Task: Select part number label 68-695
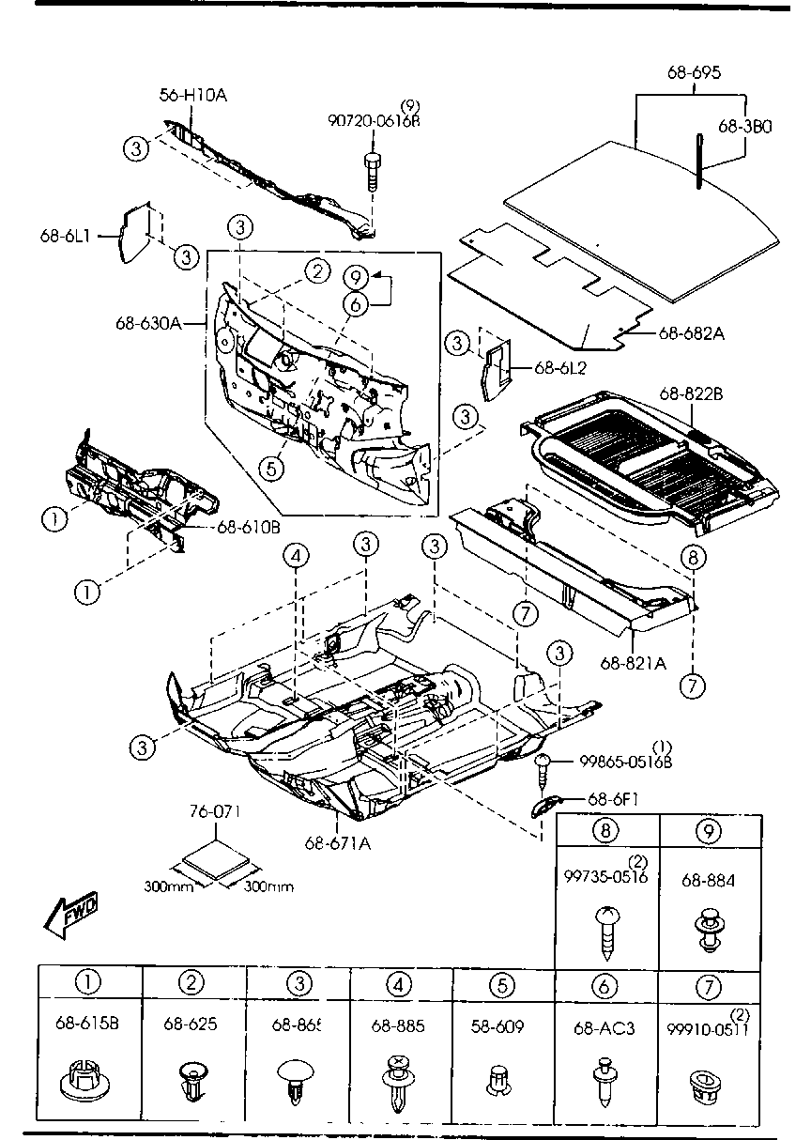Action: click(694, 72)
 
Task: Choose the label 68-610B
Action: click(248, 527)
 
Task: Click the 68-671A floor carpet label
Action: click(337, 842)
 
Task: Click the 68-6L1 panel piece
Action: click(135, 233)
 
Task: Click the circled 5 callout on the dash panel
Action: click(270, 468)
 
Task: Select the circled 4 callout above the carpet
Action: click(297, 557)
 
